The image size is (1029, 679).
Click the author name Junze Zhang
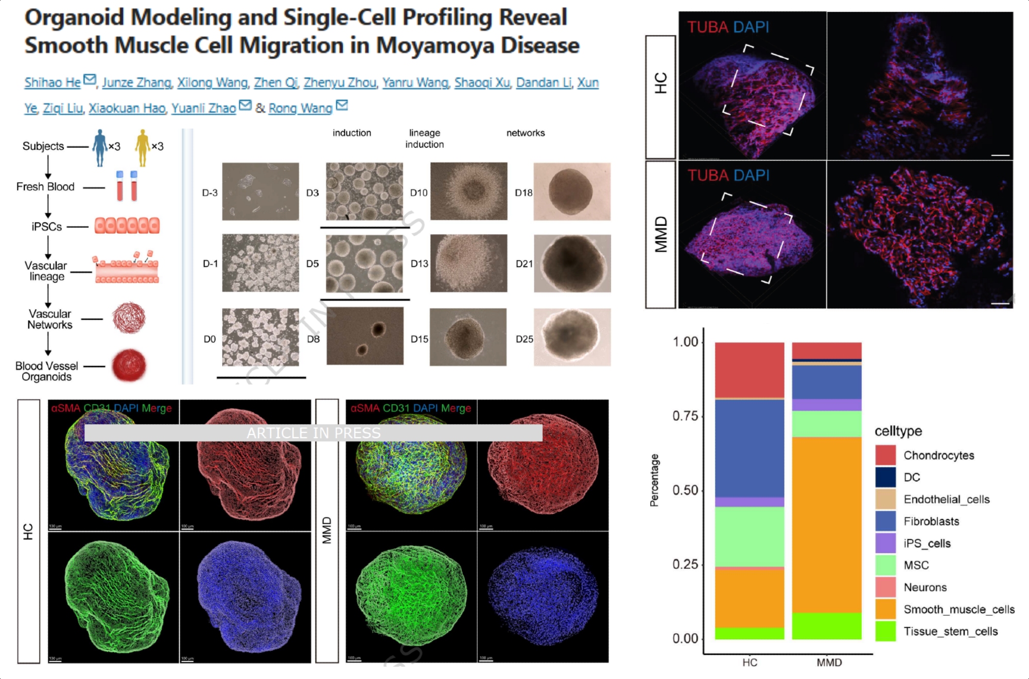136,82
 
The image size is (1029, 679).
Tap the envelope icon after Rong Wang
342,106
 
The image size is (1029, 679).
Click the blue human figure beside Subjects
99,148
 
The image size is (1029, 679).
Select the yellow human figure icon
143,148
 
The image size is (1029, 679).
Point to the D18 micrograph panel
572,191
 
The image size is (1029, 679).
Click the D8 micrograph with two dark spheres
365,336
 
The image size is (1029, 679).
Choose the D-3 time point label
210,193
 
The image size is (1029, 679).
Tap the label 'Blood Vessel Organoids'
46,371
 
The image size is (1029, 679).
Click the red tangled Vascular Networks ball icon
129,318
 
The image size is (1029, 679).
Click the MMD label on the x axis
829,663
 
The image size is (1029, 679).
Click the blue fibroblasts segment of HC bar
749,448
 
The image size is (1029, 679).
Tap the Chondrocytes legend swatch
885,455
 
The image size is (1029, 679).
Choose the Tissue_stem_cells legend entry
950,632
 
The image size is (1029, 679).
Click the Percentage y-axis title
654,480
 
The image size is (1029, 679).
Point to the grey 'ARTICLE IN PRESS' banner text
313,433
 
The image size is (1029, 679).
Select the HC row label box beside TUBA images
660,97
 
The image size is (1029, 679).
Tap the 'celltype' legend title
898,431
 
